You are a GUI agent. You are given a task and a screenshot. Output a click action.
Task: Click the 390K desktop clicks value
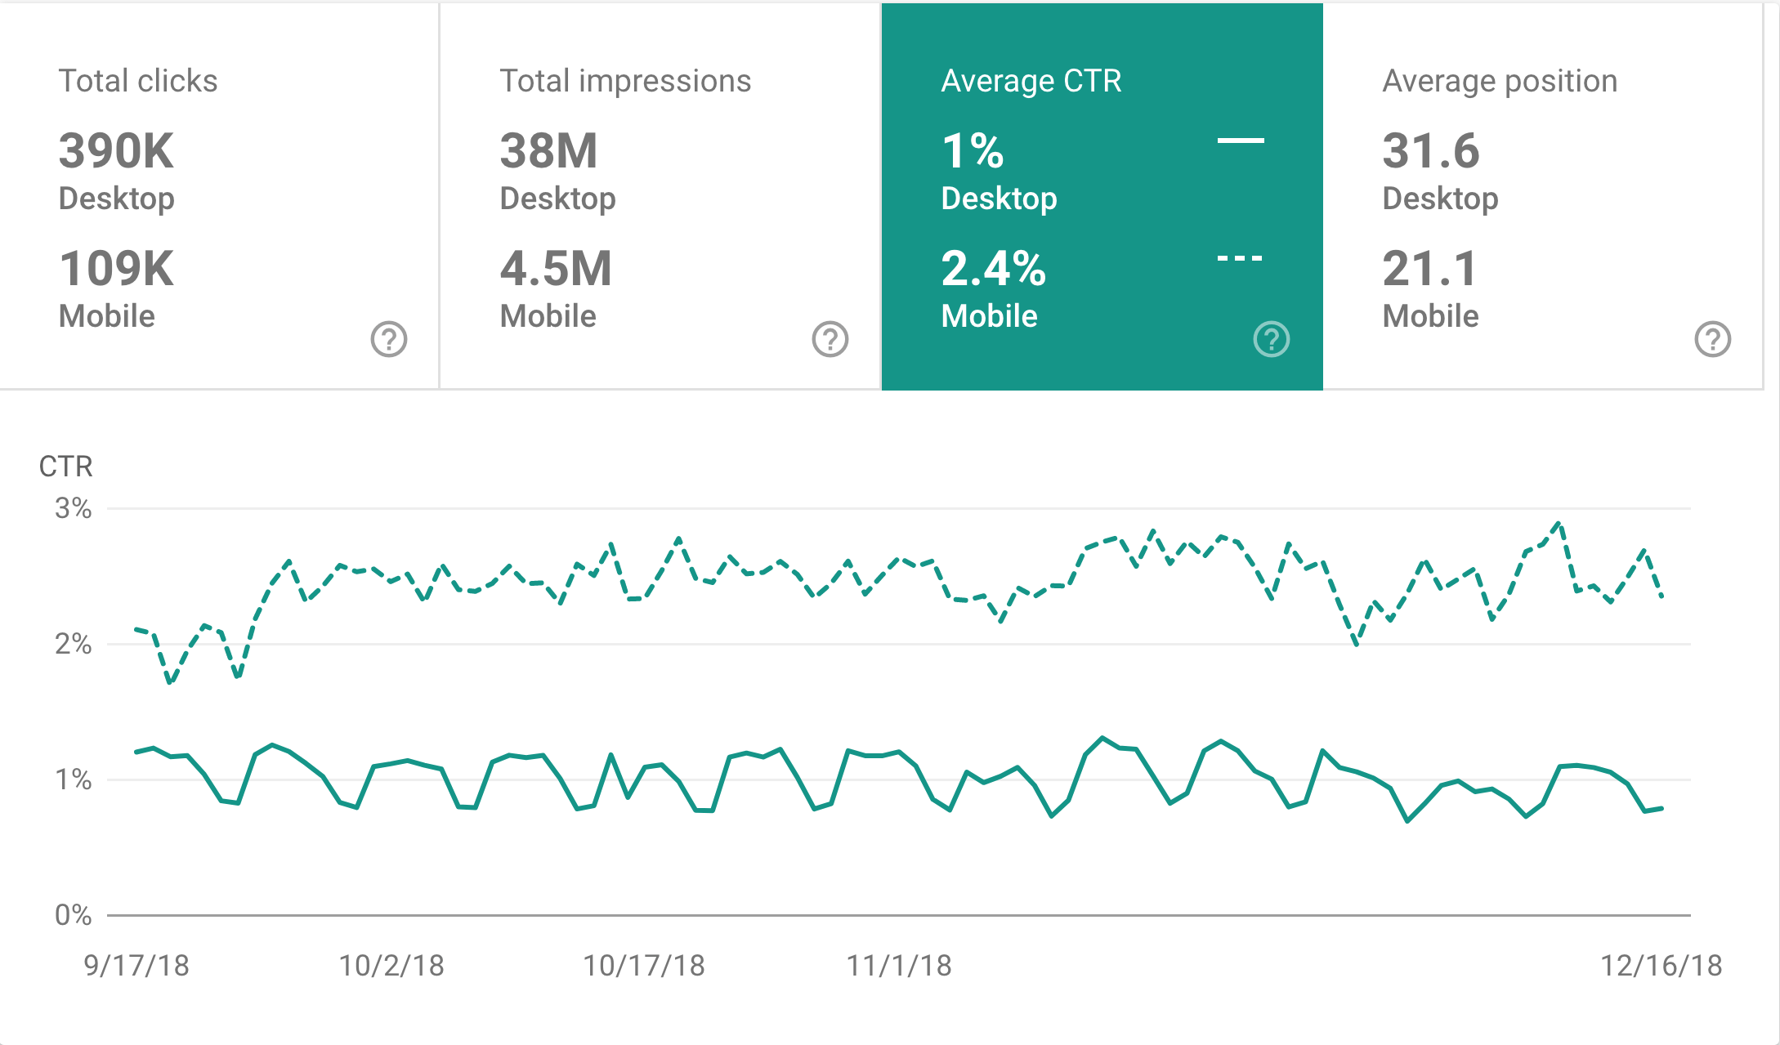pos(116,151)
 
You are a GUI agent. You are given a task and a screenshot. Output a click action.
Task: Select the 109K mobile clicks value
pos(116,269)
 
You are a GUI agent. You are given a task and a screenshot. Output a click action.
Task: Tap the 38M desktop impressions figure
pos(548,151)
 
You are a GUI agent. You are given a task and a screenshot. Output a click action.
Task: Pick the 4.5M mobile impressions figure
pos(556,269)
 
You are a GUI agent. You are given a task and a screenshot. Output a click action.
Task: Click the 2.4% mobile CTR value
pos(993,269)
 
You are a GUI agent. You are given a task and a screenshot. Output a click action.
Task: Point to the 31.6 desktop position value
pos(1430,151)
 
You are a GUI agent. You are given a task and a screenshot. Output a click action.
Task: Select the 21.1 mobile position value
pos(1429,269)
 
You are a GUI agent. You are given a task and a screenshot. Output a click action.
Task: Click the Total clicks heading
pos(138,81)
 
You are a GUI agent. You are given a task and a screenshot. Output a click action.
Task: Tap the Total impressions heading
pos(625,81)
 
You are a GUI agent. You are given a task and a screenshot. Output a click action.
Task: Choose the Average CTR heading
pos(1031,81)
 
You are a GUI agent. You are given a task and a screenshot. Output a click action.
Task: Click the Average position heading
pos(1500,81)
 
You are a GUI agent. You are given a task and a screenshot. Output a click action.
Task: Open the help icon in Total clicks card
pos(389,339)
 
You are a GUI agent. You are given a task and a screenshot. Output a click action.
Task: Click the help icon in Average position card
pos(1712,339)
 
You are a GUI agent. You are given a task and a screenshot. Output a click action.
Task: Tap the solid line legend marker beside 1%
pos(1241,141)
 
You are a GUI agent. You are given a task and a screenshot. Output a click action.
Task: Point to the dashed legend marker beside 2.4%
pos(1240,258)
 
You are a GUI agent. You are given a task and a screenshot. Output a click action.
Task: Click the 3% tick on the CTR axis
pos(73,508)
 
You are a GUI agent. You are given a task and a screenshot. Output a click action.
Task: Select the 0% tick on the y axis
pos(73,915)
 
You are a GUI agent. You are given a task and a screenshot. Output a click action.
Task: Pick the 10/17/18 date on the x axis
pos(643,966)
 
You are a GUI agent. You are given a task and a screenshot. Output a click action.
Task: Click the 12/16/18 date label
pos(1661,966)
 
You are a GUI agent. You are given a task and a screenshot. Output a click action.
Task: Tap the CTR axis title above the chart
pos(65,467)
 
